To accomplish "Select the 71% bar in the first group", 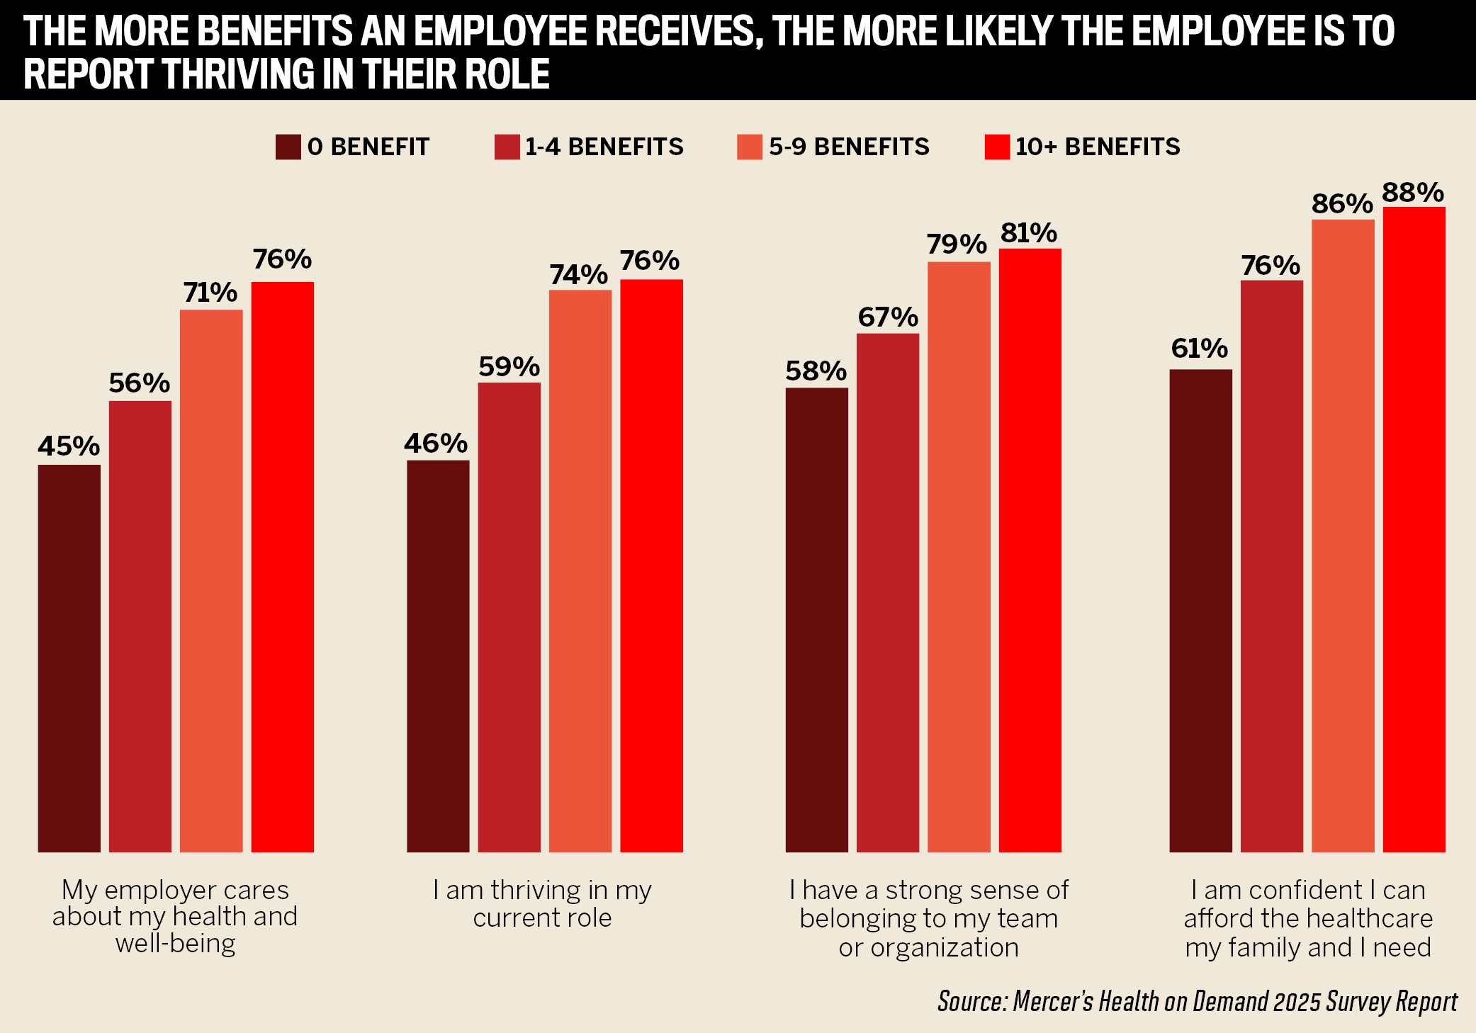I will (x=211, y=580).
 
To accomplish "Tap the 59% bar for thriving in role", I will (x=509, y=616).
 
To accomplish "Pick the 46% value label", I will (x=436, y=444).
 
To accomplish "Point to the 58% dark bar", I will (x=816, y=619).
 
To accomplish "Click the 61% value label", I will (x=1199, y=349).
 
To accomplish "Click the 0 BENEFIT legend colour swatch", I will (x=288, y=147).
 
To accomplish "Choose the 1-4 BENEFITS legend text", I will (x=604, y=147).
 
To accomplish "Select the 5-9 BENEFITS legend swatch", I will (x=749, y=147).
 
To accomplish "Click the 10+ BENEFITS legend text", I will (x=1098, y=147).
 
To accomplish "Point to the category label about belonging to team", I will (x=928, y=918).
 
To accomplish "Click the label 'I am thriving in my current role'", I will (x=542, y=903).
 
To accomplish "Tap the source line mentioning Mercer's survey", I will (x=1197, y=1001).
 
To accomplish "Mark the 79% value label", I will (x=957, y=244).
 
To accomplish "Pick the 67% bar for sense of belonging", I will (x=887, y=592).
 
